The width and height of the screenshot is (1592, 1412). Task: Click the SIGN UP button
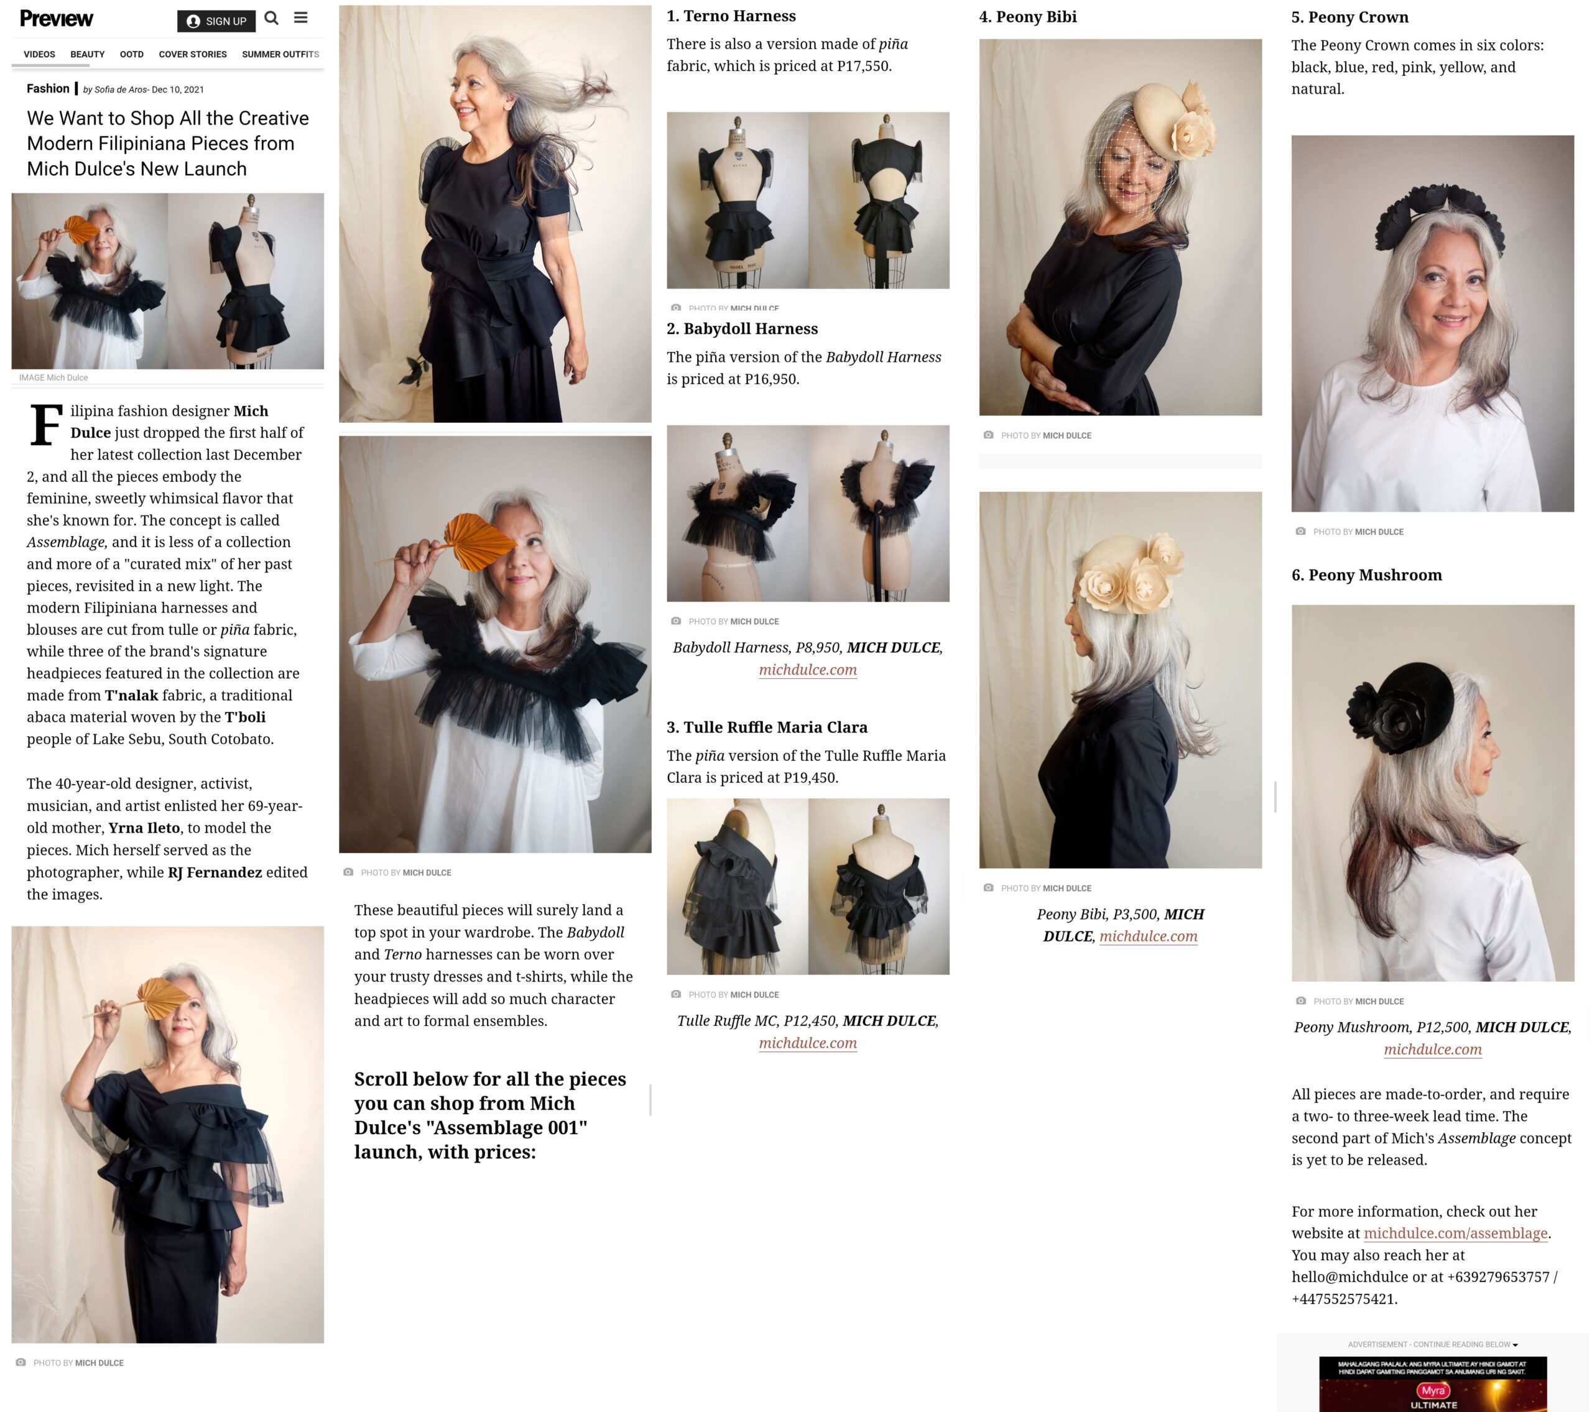(x=216, y=21)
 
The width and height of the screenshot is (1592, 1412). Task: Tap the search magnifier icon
(x=271, y=18)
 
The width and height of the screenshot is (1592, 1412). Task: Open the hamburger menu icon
(x=300, y=17)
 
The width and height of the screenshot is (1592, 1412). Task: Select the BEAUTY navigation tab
(x=87, y=55)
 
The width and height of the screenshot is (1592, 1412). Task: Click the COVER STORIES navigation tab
(x=192, y=55)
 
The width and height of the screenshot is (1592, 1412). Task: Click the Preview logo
(x=56, y=19)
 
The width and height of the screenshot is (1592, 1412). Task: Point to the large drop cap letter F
(x=46, y=425)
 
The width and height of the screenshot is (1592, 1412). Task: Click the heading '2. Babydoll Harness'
(x=743, y=329)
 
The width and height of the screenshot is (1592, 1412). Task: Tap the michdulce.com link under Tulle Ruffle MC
(x=808, y=1043)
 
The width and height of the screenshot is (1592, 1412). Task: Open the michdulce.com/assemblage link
(x=1455, y=1233)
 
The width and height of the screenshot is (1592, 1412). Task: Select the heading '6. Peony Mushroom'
(x=1367, y=574)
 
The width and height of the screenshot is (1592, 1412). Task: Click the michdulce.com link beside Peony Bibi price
(x=1148, y=936)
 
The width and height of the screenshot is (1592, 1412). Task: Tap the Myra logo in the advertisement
(x=1432, y=1390)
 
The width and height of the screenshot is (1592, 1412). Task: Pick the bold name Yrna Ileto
(x=144, y=828)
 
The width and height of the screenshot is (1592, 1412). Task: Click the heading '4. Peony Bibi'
(x=1028, y=16)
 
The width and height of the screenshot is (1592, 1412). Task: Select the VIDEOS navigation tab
(x=39, y=55)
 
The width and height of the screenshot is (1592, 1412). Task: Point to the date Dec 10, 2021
(x=178, y=90)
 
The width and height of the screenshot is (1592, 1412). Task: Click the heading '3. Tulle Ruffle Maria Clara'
(x=767, y=727)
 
